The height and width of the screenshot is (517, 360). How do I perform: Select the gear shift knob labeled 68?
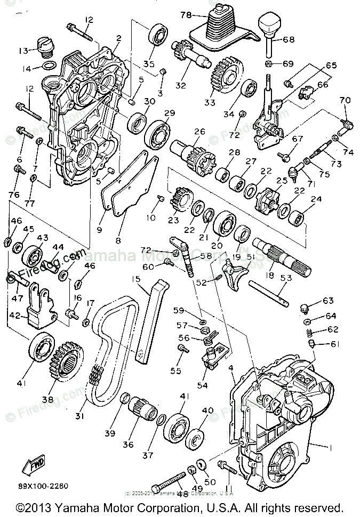(269, 25)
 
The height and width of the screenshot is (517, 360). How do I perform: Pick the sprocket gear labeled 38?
(67, 358)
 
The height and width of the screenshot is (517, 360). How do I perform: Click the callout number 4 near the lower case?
(231, 368)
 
